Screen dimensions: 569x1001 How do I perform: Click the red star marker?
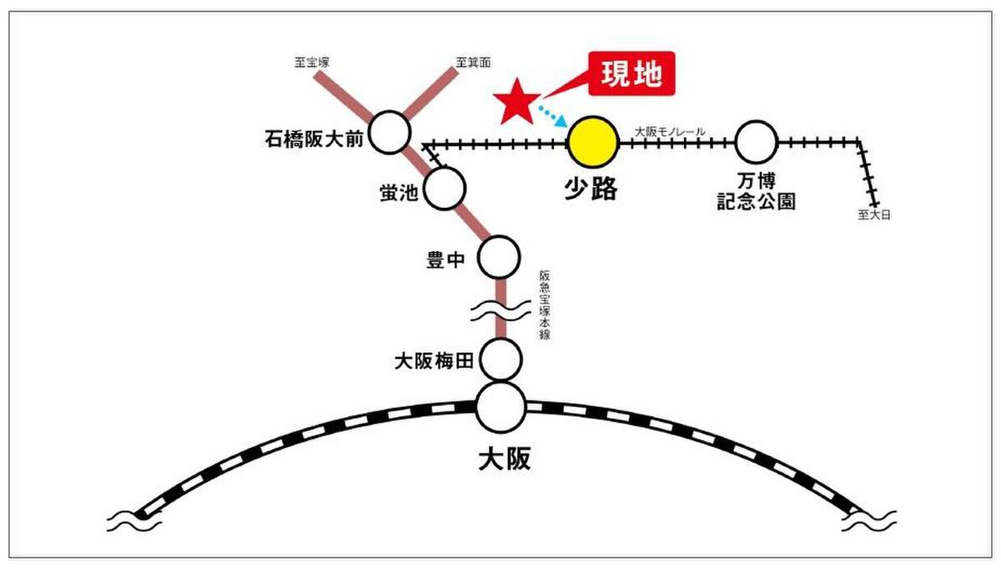click(x=516, y=100)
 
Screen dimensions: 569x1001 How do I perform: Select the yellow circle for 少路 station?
click(x=593, y=141)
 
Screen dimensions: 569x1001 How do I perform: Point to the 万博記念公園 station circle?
click(x=756, y=142)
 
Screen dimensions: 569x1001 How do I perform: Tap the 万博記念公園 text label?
click(x=756, y=191)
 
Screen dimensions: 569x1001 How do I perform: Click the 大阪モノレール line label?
click(x=670, y=131)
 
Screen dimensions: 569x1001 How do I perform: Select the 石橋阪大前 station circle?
click(x=390, y=133)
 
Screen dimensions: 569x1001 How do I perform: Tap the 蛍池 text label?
click(x=397, y=194)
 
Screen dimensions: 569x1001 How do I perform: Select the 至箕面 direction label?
click(x=474, y=61)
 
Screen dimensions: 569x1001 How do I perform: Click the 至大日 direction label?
click(x=874, y=214)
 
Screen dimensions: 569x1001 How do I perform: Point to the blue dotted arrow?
click(x=551, y=114)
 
